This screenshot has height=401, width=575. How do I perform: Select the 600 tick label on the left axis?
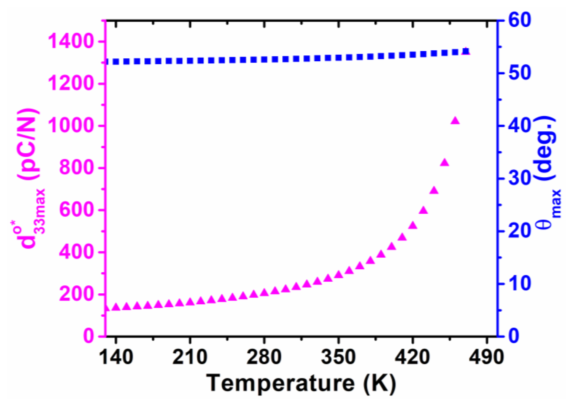pos(76,210)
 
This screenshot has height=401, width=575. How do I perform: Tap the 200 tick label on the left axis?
pos(76,294)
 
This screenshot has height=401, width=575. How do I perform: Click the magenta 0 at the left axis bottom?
pos(89,336)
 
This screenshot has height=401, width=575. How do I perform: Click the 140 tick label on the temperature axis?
pos(116,357)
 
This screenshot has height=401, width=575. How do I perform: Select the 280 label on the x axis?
pos(264,357)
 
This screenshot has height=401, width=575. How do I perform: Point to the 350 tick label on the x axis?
pos(338,357)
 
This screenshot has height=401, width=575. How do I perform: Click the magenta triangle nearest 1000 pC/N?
pos(455,121)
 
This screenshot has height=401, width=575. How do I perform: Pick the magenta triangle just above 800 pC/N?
pos(445,163)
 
